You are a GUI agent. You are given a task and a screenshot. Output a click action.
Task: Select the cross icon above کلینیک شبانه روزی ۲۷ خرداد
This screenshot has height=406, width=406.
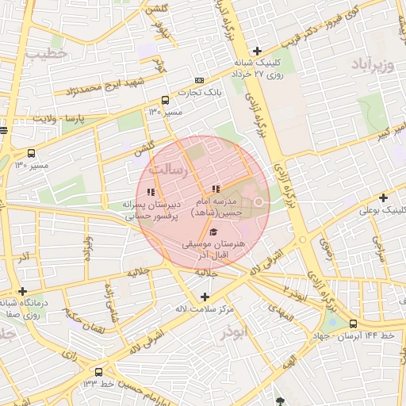click(x=257, y=52)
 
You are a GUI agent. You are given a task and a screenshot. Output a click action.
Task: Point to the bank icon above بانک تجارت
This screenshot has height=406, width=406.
click(x=198, y=80)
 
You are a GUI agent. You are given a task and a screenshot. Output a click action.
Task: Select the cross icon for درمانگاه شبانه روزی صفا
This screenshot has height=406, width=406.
click(x=23, y=291)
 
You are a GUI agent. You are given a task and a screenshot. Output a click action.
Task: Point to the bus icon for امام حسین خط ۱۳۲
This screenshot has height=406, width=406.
click(x=98, y=372)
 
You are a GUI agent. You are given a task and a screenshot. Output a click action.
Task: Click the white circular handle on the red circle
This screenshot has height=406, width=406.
click(x=258, y=201)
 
